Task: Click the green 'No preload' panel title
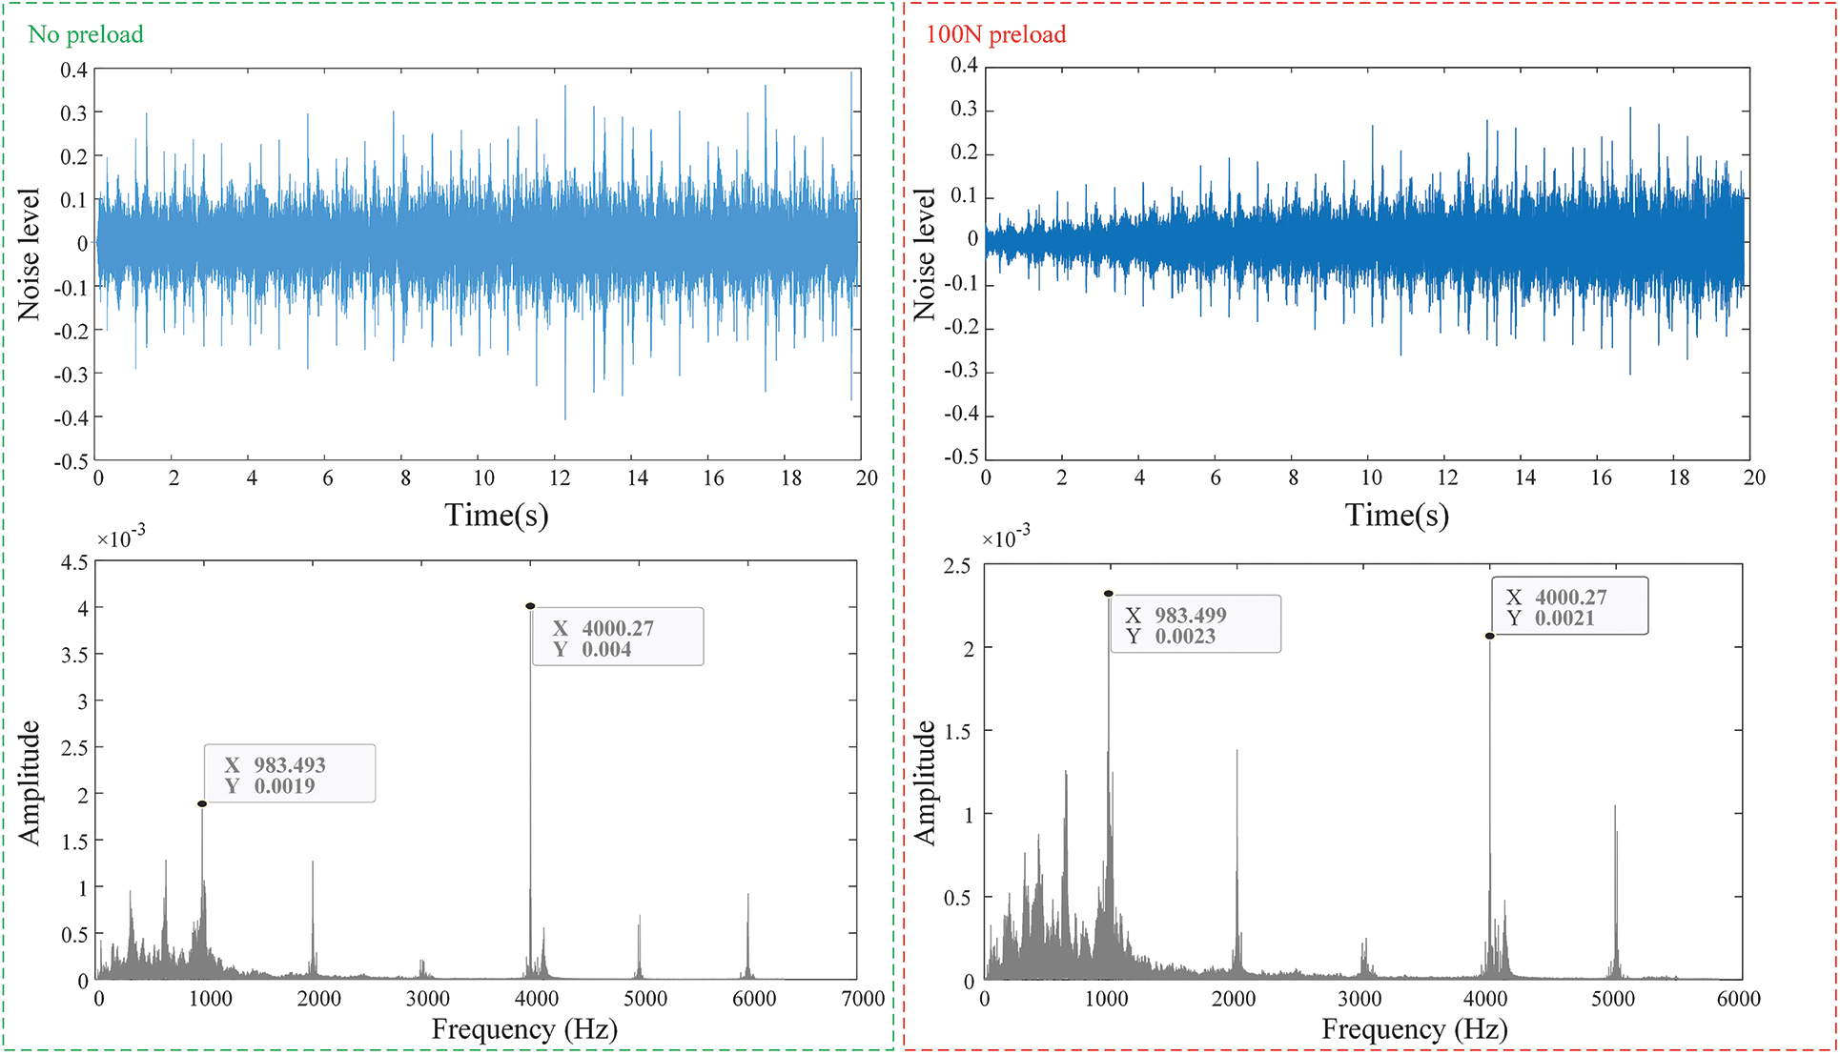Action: pos(86,34)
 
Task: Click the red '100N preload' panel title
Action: pos(995,34)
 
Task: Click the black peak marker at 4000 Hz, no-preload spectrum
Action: pos(530,606)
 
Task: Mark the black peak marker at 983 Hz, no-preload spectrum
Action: pos(202,804)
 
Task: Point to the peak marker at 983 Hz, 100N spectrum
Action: pos(1109,594)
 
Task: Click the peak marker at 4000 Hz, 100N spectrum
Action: pos(1489,636)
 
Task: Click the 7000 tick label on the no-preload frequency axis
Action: pos(863,999)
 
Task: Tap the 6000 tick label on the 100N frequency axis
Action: pos(1738,999)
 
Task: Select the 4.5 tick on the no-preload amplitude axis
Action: pos(74,562)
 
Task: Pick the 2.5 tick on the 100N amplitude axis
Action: pos(957,566)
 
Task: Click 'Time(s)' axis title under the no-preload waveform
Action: pos(496,516)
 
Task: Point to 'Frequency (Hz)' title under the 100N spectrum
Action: pos(1415,1029)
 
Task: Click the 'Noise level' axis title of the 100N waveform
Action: pos(924,254)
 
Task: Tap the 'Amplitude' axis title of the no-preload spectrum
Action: pos(30,783)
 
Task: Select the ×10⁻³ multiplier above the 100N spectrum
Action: pos(1005,538)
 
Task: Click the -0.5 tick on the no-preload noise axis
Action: pos(72,461)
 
